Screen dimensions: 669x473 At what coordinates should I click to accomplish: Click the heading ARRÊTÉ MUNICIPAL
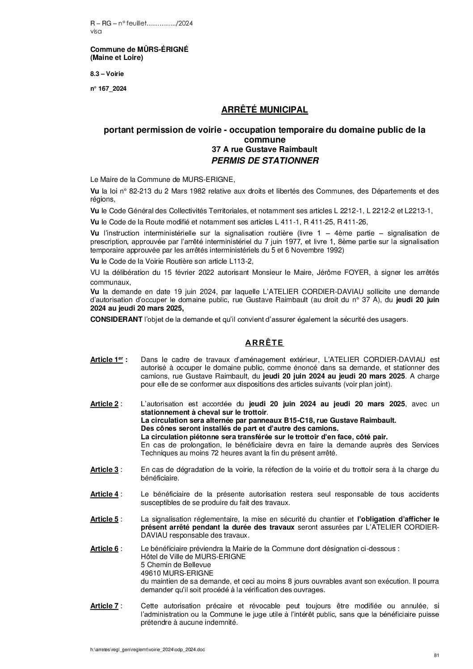point(265,109)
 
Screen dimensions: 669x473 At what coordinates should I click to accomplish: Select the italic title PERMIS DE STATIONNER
point(265,160)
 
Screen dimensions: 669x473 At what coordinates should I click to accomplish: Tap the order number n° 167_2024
point(109,88)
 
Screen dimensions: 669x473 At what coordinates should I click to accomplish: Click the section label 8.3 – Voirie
point(107,73)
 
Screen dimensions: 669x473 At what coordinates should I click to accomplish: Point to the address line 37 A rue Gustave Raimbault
point(265,150)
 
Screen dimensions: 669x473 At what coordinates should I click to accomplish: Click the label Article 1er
point(109,360)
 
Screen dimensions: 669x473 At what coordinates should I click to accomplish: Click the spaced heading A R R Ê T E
point(265,343)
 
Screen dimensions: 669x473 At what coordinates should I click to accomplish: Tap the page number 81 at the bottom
point(436,655)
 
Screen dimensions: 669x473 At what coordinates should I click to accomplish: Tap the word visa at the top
point(96,31)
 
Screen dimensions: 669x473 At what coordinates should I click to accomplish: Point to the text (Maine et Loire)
point(117,58)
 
